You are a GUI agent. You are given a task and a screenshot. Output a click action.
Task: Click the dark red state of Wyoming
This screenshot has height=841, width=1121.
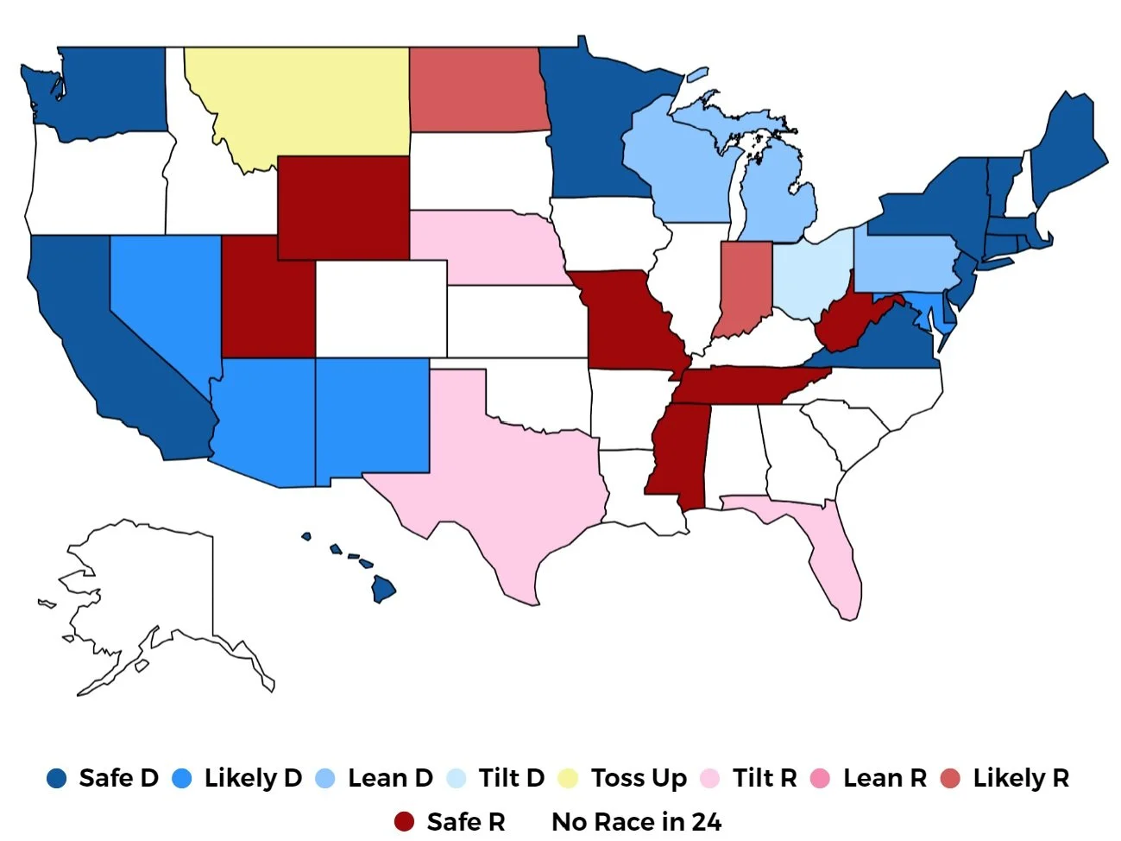343,207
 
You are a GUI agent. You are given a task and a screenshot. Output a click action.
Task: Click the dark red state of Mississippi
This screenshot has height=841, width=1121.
682,449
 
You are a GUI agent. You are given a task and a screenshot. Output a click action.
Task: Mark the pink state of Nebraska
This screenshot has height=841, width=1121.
483,246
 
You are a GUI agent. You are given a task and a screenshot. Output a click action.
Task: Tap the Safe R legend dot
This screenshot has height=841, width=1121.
404,822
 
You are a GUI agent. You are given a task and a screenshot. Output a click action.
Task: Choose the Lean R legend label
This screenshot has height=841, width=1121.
884,778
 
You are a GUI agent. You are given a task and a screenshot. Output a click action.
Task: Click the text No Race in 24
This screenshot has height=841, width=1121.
636,822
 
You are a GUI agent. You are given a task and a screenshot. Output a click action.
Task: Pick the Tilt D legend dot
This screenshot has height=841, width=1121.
456,778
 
